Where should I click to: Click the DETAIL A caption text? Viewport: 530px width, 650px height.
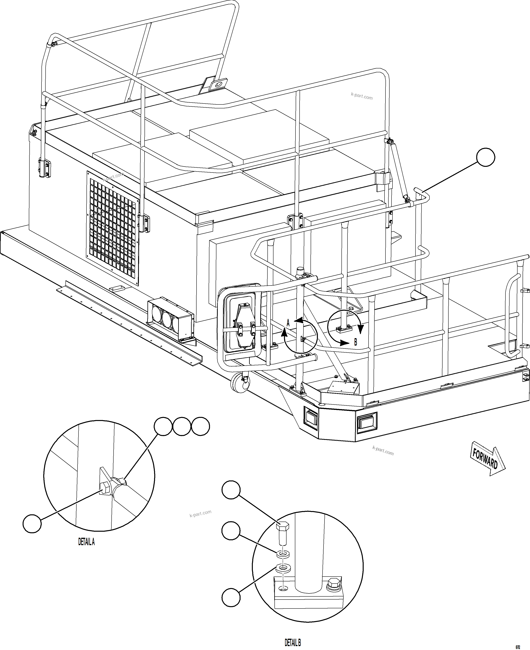86,542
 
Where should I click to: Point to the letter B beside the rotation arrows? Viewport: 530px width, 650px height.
355,342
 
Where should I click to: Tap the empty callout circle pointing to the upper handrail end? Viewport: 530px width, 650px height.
485,157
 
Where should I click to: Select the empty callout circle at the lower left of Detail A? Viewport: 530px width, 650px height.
32,524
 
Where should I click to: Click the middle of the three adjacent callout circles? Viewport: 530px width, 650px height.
182,426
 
